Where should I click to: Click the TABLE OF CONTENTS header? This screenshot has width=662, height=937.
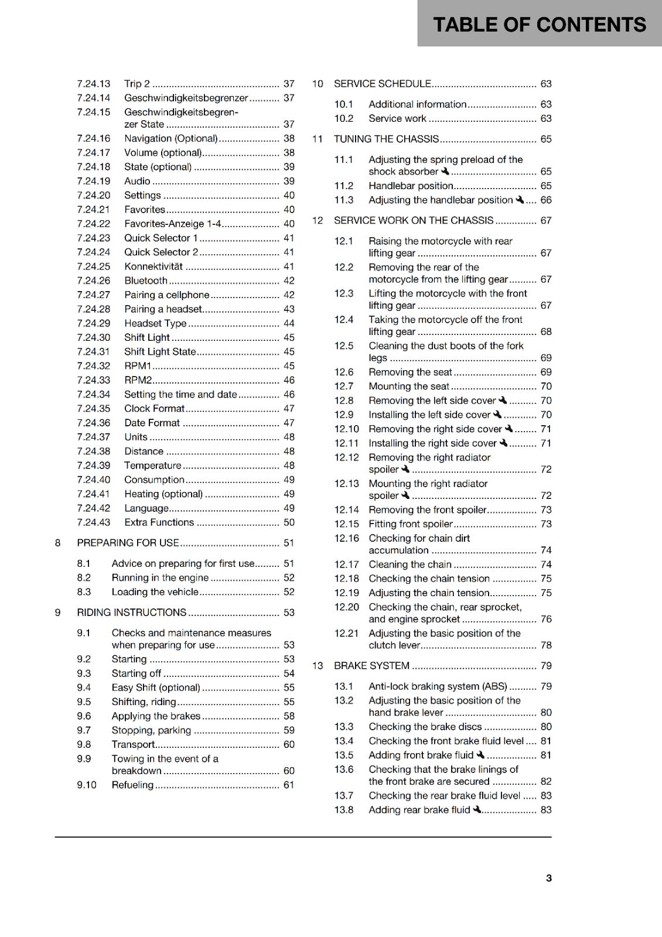click(x=539, y=25)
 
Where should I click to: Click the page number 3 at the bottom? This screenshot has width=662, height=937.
click(x=548, y=878)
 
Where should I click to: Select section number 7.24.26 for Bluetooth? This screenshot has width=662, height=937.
click(x=94, y=281)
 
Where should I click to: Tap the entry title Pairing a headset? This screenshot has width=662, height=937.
click(x=163, y=309)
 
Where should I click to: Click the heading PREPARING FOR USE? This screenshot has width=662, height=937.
click(x=128, y=543)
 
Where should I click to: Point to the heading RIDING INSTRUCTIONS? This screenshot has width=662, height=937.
click(x=131, y=613)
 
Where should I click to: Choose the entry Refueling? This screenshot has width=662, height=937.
click(x=132, y=785)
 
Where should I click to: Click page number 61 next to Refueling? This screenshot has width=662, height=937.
click(x=289, y=785)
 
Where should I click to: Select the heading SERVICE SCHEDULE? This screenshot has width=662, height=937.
click(x=382, y=84)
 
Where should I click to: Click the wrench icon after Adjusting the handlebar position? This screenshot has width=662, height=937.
click(x=520, y=200)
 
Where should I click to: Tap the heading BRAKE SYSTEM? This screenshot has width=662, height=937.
click(x=371, y=666)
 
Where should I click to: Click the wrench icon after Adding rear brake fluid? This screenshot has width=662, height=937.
click(x=477, y=809)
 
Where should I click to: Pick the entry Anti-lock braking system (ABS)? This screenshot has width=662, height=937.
click(x=438, y=686)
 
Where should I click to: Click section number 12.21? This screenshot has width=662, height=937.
click(x=346, y=633)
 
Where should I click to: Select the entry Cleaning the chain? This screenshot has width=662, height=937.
click(x=410, y=565)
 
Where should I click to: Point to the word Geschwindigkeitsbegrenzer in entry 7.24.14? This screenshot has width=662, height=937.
click(x=186, y=98)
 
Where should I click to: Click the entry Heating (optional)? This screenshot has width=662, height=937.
click(x=163, y=494)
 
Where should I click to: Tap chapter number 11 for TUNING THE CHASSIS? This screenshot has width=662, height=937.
click(x=318, y=139)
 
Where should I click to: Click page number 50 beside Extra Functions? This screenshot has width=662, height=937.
click(x=289, y=522)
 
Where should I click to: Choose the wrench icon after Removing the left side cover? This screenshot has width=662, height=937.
click(x=503, y=400)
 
